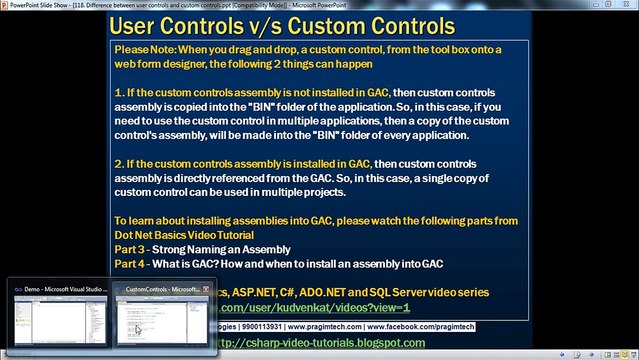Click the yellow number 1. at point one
[x=119, y=90]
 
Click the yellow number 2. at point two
[x=120, y=163]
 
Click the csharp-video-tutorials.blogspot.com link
[x=331, y=343]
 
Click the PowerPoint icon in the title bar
[x=7, y=5]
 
